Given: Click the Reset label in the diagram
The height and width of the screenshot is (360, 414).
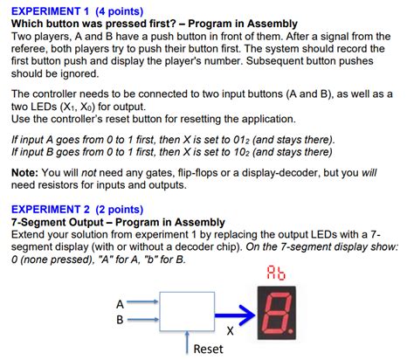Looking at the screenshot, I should pyautogui.click(x=208, y=349).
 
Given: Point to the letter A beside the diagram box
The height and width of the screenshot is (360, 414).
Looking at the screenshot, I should pyautogui.click(x=120, y=303).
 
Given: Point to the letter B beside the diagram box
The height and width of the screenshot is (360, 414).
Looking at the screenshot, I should pyautogui.click(x=120, y=319).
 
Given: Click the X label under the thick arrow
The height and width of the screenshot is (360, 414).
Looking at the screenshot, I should pyautogui.click(x=230, y=331).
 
